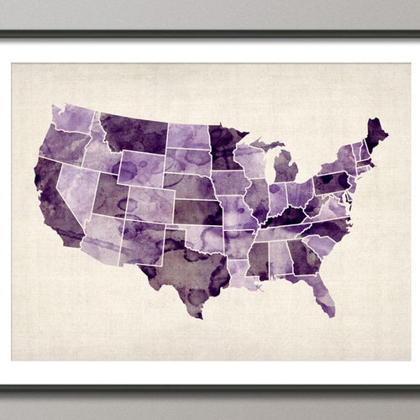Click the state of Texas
[x=189, y=265]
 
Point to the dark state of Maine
[x=376, y=134]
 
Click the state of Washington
[x=74, y=118]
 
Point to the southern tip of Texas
[x=197, y=314]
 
